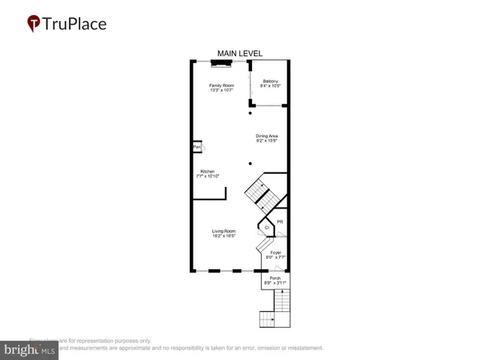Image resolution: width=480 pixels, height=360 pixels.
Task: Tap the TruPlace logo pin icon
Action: tap(34, 23)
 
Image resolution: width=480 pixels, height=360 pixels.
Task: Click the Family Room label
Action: tap(221, 85)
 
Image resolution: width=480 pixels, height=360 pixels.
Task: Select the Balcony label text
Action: tap(270, 81)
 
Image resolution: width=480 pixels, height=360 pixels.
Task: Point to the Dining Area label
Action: tap(267, 136)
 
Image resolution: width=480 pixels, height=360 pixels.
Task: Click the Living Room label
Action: tap(223, 231)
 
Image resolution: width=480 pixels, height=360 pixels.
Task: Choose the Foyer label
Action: tap(276, 253)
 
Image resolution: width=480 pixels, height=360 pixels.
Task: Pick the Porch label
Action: tap(275, 278)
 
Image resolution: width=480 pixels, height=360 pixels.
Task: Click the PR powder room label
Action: tap(280, 222)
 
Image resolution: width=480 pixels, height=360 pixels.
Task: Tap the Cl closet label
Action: tap(267, 227)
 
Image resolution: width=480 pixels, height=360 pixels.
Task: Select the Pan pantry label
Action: tap(196, 147)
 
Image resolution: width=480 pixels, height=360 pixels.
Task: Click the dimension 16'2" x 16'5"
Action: tap(223, 236)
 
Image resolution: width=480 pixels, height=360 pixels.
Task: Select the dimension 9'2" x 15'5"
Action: tap(267, 141)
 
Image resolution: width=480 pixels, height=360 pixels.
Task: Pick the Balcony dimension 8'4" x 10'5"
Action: tap(270, 86)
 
